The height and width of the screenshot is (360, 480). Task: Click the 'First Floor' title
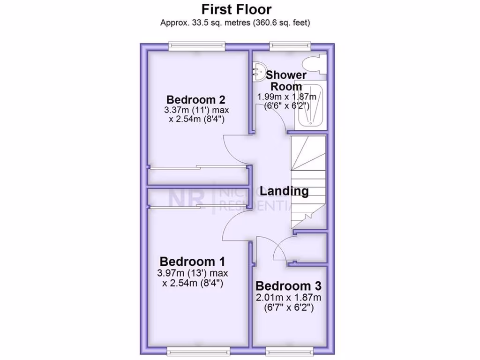pos(236,9)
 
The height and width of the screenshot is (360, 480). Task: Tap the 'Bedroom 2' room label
pos(196,100)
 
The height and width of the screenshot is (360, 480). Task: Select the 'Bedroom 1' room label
pos(192,262)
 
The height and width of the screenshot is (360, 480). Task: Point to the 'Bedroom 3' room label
pos(288,286)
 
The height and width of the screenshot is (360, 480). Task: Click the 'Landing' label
pos(284,191)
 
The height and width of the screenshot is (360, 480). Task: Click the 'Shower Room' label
pos(286,81)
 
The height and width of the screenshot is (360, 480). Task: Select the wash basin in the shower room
pos(257,72)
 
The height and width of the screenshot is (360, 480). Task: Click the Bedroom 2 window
pos(197,46)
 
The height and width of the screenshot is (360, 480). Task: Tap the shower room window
pos(290,46)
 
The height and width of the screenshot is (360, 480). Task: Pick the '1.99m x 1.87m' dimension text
pos(286,97)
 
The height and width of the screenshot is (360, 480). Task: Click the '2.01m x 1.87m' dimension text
pos(288,298)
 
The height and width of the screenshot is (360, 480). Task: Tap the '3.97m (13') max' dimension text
pos(192,273)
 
